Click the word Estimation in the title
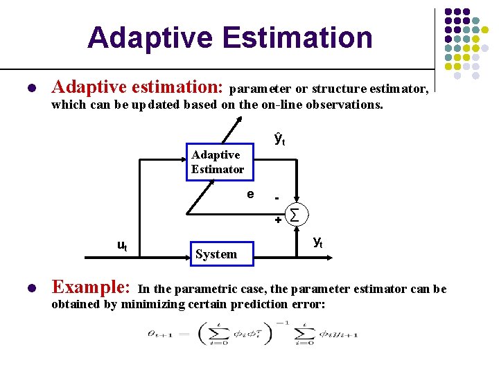(x=302, y=37)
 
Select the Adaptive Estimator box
(x=219, y=162)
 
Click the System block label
(x=216, y=254)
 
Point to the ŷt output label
(x=280, y=139)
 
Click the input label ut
(x=121, y=245)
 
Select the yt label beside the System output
(x=317, y=242)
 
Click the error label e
(x=250, y=194)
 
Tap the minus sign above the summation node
(x=277, y=198)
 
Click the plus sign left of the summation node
(x=277, y=220)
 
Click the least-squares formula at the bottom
(x=249, y=334)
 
